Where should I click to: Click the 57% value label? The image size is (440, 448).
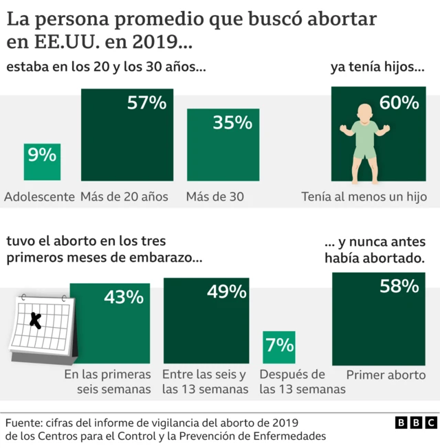click(146, 103)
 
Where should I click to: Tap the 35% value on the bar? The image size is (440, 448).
click(232, 123)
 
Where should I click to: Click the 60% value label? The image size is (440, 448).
click(399, 103)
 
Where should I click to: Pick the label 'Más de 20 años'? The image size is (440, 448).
click(124, 197)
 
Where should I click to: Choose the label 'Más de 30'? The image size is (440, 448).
click(214, 197)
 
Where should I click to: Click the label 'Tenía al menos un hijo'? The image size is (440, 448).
click(364, 197)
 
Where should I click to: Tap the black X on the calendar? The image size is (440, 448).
click(36, 319)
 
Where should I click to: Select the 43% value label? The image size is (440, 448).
click(124, 297)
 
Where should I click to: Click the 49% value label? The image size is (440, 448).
click(226, 291)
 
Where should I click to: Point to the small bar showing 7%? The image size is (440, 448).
click(278, 346)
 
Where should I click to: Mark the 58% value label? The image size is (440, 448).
click(399, 286)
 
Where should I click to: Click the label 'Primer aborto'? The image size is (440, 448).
click(386, 375)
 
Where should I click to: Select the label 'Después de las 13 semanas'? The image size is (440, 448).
click(301, 382)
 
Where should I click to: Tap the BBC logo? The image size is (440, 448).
click(416, 423)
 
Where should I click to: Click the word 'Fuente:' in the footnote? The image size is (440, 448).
click(25, 422)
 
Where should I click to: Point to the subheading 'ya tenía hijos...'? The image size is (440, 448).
click(377, 68)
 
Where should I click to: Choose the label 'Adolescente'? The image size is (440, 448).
click(39, 197)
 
